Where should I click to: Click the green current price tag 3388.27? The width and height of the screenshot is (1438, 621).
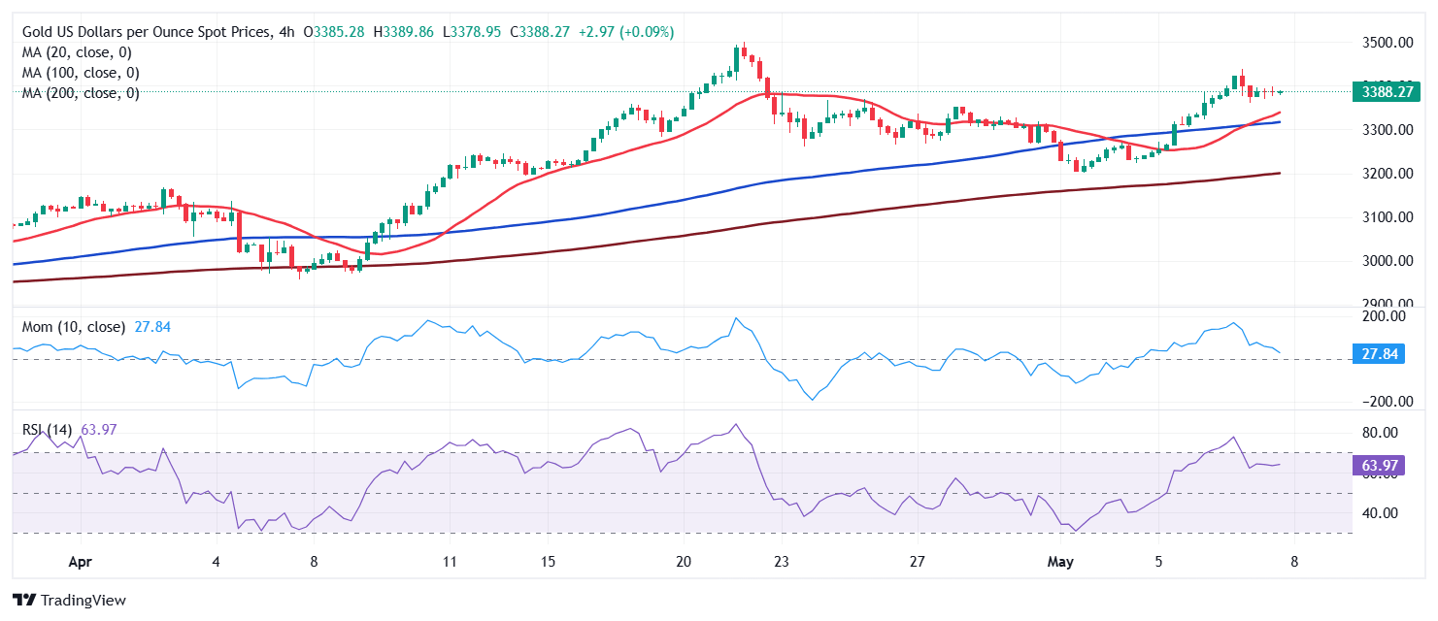pyautogui.click(x=1386, y=92)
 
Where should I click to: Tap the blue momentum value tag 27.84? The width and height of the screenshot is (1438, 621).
pyautogui.click(x=1379, y=354)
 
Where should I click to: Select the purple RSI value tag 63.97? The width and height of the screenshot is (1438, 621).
pyautogui.click(x=1379, y=466)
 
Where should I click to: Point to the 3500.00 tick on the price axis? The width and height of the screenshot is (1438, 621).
pyautogui.click(x=1385, y=43)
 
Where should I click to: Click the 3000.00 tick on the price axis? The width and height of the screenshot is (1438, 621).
pyautogui.click(x=1385, y=261)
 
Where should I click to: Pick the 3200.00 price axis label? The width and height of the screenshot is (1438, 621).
pyautogui.click(x=1385, y=174)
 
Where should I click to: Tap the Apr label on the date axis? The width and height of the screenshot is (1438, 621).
pyautogui.click(x=81, y=561)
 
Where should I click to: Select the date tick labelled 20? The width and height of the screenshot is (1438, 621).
pyautogui.click(x=684, y=561)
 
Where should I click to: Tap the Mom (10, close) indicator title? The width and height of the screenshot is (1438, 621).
pyautogui.click(x=74, y=327)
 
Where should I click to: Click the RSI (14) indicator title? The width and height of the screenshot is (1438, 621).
pyautogui.click(x=49, y=429)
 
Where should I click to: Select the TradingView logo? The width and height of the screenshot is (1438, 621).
pyautogui.click(x=69, y=600)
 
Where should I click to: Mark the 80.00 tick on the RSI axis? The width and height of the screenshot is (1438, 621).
pyautogui.click(x=1379, y=433)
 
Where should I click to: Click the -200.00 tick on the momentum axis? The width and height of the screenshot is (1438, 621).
pyautogui.click(x=1379, y=402)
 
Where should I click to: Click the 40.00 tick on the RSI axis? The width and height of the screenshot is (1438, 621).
pyautogui.click(x=1379, y=513)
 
